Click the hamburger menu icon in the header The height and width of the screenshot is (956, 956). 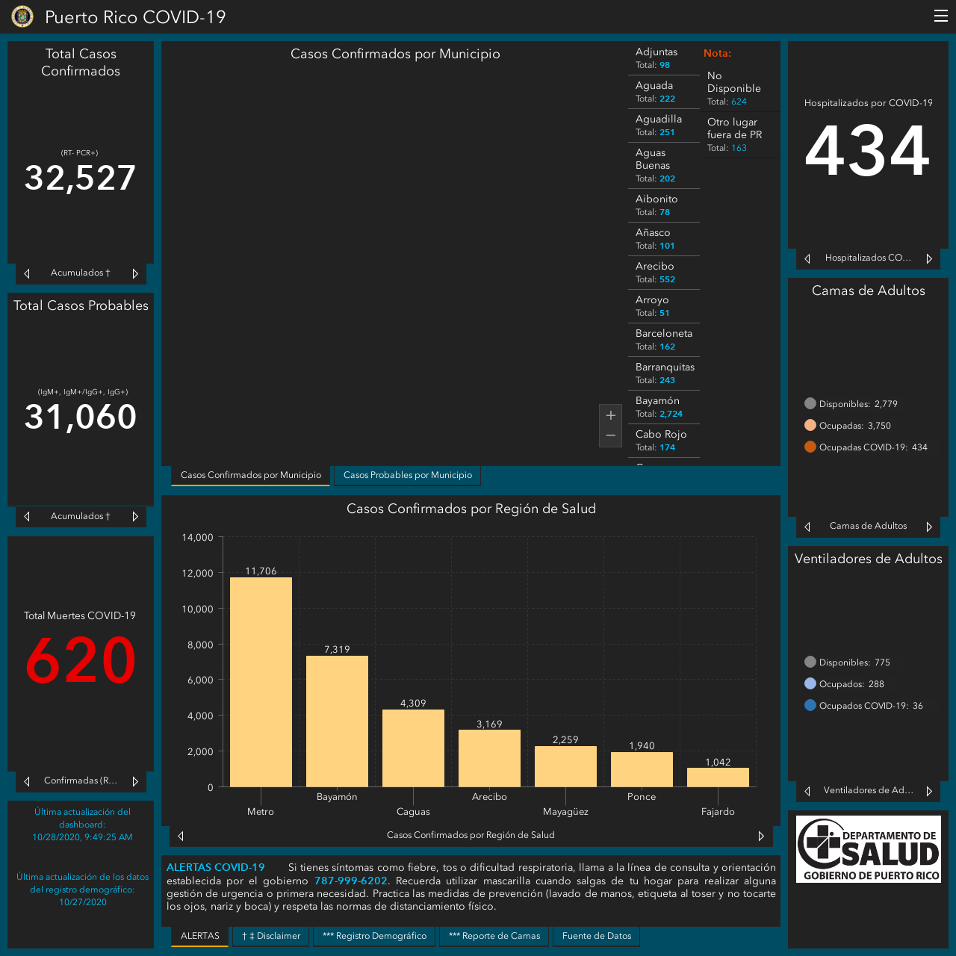coord(940,16)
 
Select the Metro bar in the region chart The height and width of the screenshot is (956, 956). coord(261,682)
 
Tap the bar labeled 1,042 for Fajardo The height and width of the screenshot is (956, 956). coord(717,777)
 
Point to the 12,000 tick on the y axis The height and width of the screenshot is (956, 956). coord(197,573)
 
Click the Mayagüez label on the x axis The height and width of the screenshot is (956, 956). coord(565,812)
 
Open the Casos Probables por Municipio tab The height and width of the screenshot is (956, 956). coord(407,475)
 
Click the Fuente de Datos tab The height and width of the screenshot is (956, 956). coord(596,936)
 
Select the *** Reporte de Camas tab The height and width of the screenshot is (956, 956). coord(494,936)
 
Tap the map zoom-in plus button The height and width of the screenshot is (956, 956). coord(610,415)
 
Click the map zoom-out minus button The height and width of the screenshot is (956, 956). coord(610,435)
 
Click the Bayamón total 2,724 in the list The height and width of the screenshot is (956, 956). coord(671,414)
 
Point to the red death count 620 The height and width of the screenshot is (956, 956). coord(81,660)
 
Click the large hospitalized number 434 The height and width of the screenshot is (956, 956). coord(867,150)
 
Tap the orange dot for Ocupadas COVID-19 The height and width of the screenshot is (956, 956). coord(810,447)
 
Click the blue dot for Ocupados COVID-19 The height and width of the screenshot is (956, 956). coord(810,706)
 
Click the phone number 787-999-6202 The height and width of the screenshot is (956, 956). coord(350,881)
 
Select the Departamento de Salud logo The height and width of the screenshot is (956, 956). coord(868,849)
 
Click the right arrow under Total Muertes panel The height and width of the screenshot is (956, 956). coord(135,781)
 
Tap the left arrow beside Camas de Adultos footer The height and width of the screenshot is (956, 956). coord(807,527)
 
